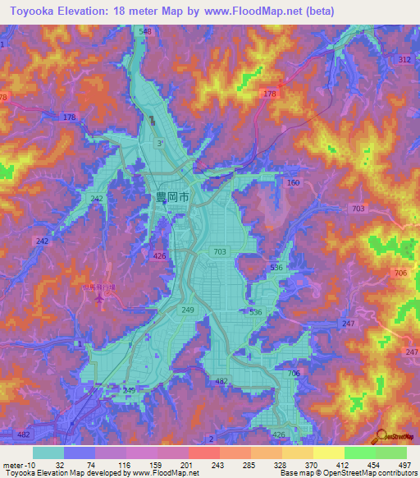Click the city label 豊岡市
(x=172, y=197)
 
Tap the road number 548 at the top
(x=146, y=31)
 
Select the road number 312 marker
(x=404, y=60)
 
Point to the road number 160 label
(x=293, y=183)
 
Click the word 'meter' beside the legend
(x=13, y=464)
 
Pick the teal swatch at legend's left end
(x=48, y=453)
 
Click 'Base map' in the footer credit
(x=296, y=473)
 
